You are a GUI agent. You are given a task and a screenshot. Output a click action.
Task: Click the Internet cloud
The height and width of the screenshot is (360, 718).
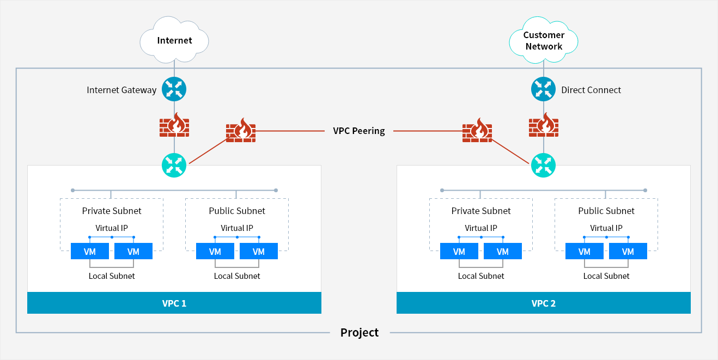[x=174, y=40]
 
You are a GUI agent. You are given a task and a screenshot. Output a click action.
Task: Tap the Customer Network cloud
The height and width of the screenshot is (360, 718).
[x=543, y=40]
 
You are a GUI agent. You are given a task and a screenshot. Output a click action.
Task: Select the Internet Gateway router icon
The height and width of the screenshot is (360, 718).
[x=174, y=89]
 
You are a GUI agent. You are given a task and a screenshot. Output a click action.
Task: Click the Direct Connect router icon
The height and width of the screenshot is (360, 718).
[x=543, y=89]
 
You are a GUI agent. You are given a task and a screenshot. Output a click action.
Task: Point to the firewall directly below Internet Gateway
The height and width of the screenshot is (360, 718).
[x=174, y=125]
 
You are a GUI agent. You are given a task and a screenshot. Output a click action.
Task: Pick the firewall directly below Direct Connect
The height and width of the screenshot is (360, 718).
[x=543, y=125]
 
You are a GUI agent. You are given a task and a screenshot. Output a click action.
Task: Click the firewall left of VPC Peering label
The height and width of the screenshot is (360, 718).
[x=241, y=131]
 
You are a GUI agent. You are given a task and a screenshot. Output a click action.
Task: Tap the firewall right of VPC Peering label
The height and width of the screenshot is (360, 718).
[x=477, y=131]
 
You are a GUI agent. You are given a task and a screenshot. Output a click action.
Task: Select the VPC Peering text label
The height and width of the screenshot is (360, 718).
[x=358, y=131]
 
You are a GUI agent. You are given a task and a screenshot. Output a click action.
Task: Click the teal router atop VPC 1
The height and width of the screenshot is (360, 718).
[x=174, y=165]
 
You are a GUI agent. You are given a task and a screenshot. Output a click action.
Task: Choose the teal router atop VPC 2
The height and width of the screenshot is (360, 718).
[x=543, y=165]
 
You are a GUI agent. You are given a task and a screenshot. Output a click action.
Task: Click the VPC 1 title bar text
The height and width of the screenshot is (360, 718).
[x=174, y=303]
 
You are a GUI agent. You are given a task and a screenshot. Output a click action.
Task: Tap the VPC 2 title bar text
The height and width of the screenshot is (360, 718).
[x=543, y=303]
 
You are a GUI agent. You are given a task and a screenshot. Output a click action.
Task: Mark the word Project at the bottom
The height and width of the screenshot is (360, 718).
[x=359, y=332]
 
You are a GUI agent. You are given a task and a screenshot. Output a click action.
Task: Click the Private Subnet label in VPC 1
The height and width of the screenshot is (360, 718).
[x=112, y=211]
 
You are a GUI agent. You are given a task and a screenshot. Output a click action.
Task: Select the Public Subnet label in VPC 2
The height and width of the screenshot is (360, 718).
[x=606, y=211]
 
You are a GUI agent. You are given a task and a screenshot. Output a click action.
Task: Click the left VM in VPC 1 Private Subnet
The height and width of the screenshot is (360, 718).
[x=90, y=251]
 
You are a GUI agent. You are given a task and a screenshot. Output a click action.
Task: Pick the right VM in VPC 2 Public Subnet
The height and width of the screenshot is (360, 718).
[x=628, y=251]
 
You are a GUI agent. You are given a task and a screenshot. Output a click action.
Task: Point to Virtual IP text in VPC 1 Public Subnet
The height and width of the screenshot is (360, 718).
[x=237, y=228]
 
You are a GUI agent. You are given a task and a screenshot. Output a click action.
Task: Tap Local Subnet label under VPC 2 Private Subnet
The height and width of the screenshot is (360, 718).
[x=481, y=276]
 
